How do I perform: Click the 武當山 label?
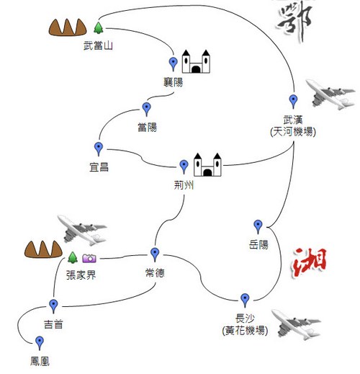pyautogui.click(x=98, y=45)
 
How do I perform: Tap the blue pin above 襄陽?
pyautogui.click(x=173, y=63)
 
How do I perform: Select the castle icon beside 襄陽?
pyautogui.click(x=196, y=61)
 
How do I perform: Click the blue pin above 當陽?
pyautogui.click(x=146, y=109)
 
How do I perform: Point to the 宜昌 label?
pyautogui.click(x=99, y=167)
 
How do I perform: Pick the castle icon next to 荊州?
pyautogui.click(x=207, y=165)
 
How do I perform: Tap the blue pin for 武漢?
pyautogui.click(x=293, y=101)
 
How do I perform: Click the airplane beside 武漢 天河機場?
pyautogui.click(x=330, y=94)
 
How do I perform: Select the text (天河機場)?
pyautogui.click(x=293, y=132)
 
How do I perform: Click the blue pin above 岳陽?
pyautogui.click(x=258, y=226)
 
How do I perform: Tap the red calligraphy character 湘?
pyautogui.click(x=309, y=264)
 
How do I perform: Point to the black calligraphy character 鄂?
pyautogui.click(x=294, y=21)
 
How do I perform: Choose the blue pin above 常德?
pyautogui.click(x=155, y=254)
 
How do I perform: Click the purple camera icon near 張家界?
pyautogui.click(x=89, y=258)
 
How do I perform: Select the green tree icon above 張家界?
pyautogui.click(x=73, y=257)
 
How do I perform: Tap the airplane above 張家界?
pyautogui.click(x=82, y=230)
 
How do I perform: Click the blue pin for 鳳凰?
pyautogui.click(x=40, y=343)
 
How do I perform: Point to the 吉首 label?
pyautogui.click(x=53, y=324)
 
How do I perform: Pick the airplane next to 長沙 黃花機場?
pyautogui.click(x=297, y=325)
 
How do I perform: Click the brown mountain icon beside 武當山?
pyautogui.click(x=68, y=27)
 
